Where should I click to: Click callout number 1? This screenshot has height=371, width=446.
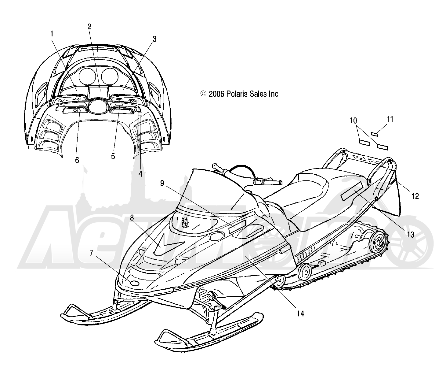(52, 34)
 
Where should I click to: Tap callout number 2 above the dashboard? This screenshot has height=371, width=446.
(89, 27)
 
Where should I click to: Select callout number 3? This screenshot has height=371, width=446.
(154, 39)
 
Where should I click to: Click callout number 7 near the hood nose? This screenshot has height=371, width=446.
(91, 253)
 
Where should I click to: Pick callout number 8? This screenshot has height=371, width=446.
(132, 218)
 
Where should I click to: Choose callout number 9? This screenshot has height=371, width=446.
(162, 183)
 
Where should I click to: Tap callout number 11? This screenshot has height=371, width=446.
(390, 119)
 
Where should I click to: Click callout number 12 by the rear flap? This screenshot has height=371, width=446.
(415, 196)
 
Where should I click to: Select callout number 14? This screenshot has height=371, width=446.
(300, 314)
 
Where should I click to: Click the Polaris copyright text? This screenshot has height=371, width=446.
(240, 94)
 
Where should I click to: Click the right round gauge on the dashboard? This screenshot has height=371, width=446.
(110, 76)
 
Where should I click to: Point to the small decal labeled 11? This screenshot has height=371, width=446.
(374, 134)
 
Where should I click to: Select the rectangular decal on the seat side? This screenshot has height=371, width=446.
(353, 193)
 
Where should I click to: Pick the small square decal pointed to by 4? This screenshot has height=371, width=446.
(140, 113)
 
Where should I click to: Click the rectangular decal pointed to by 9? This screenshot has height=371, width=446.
(237, 226)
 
